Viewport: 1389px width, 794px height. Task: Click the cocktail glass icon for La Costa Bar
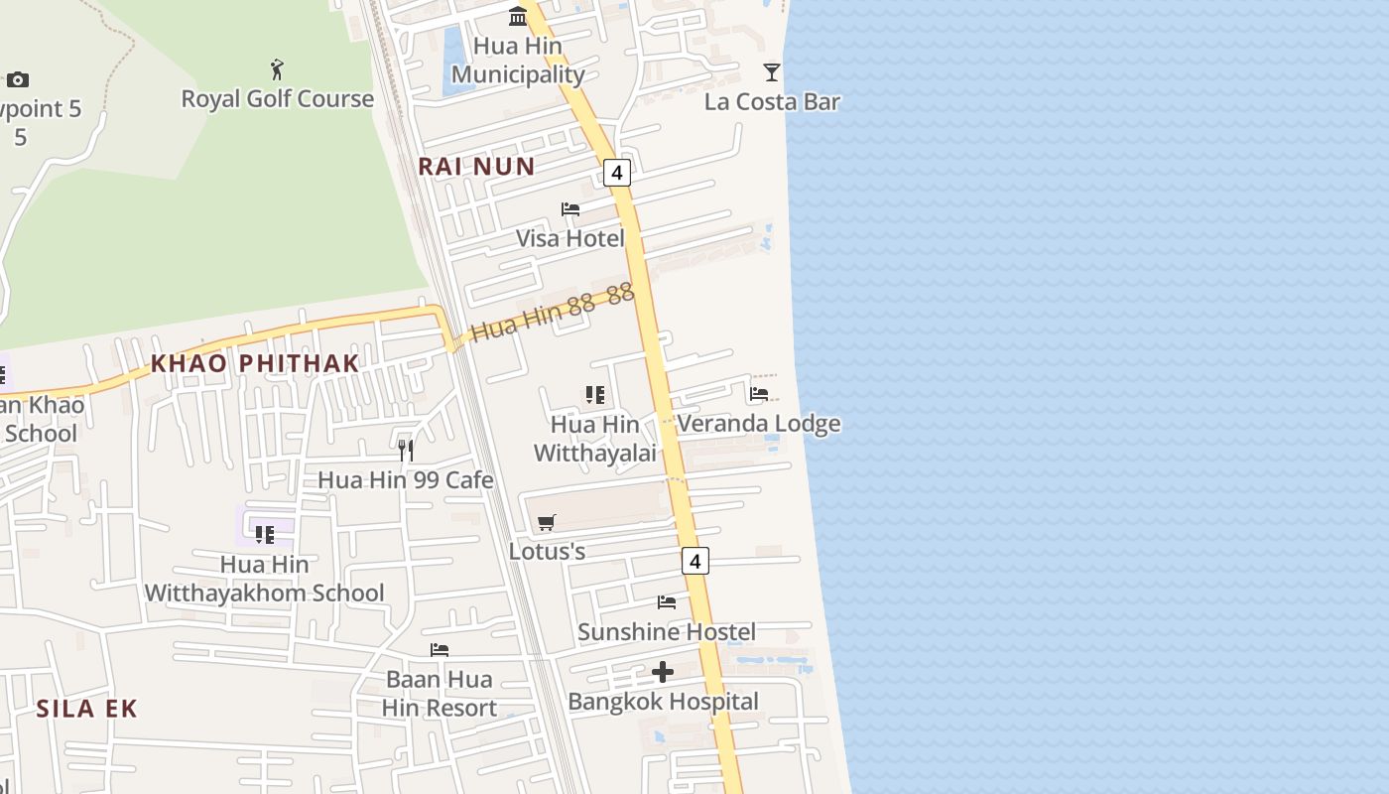tap(771, 71)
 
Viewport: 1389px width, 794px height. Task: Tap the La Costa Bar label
tap(772, 101)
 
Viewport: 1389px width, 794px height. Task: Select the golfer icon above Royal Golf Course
tap(277, 69)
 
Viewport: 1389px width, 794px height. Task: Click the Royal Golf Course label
tap(277, 98)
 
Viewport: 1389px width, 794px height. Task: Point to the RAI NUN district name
tap(476, 166)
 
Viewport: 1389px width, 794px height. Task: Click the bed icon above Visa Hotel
tap(570, 209)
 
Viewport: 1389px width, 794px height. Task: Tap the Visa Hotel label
tap(570, 238)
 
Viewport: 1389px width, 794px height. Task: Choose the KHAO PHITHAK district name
tap(254, 363)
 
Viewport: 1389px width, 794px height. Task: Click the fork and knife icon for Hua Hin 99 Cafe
tap(405, 451)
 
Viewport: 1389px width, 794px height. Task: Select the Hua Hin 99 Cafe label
tap(405, 480)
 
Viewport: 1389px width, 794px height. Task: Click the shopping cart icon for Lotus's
tap(547, 522)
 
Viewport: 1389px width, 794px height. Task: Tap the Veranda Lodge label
tap(759, 424)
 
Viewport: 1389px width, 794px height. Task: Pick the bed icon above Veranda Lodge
tap(759, 394)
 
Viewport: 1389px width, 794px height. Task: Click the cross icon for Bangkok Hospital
tap(663, 672)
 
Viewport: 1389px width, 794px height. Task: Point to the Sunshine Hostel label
tap(667, 631)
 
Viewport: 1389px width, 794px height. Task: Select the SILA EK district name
tap(86, 709)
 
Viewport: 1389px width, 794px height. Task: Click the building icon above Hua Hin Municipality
tap(518, 16)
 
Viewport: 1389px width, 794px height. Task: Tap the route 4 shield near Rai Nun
tap(617, 173)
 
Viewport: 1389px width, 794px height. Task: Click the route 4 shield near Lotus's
tap(695, 561)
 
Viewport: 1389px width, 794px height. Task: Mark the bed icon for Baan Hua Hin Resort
tap(440, 650)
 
